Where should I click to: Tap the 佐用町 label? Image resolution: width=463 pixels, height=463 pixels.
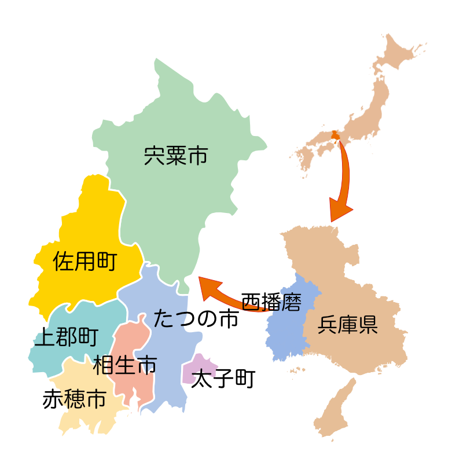(84, 262)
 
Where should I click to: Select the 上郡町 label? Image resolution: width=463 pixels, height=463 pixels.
(65, 337)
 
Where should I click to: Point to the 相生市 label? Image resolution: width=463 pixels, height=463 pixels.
(125, 365)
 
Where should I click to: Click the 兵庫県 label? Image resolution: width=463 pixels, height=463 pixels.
(347, 326)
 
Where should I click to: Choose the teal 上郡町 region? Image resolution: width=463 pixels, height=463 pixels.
(87, 315)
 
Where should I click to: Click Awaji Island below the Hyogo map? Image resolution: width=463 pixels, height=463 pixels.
(336, 411)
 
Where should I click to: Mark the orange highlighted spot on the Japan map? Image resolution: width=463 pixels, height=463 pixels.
(335, 137)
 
